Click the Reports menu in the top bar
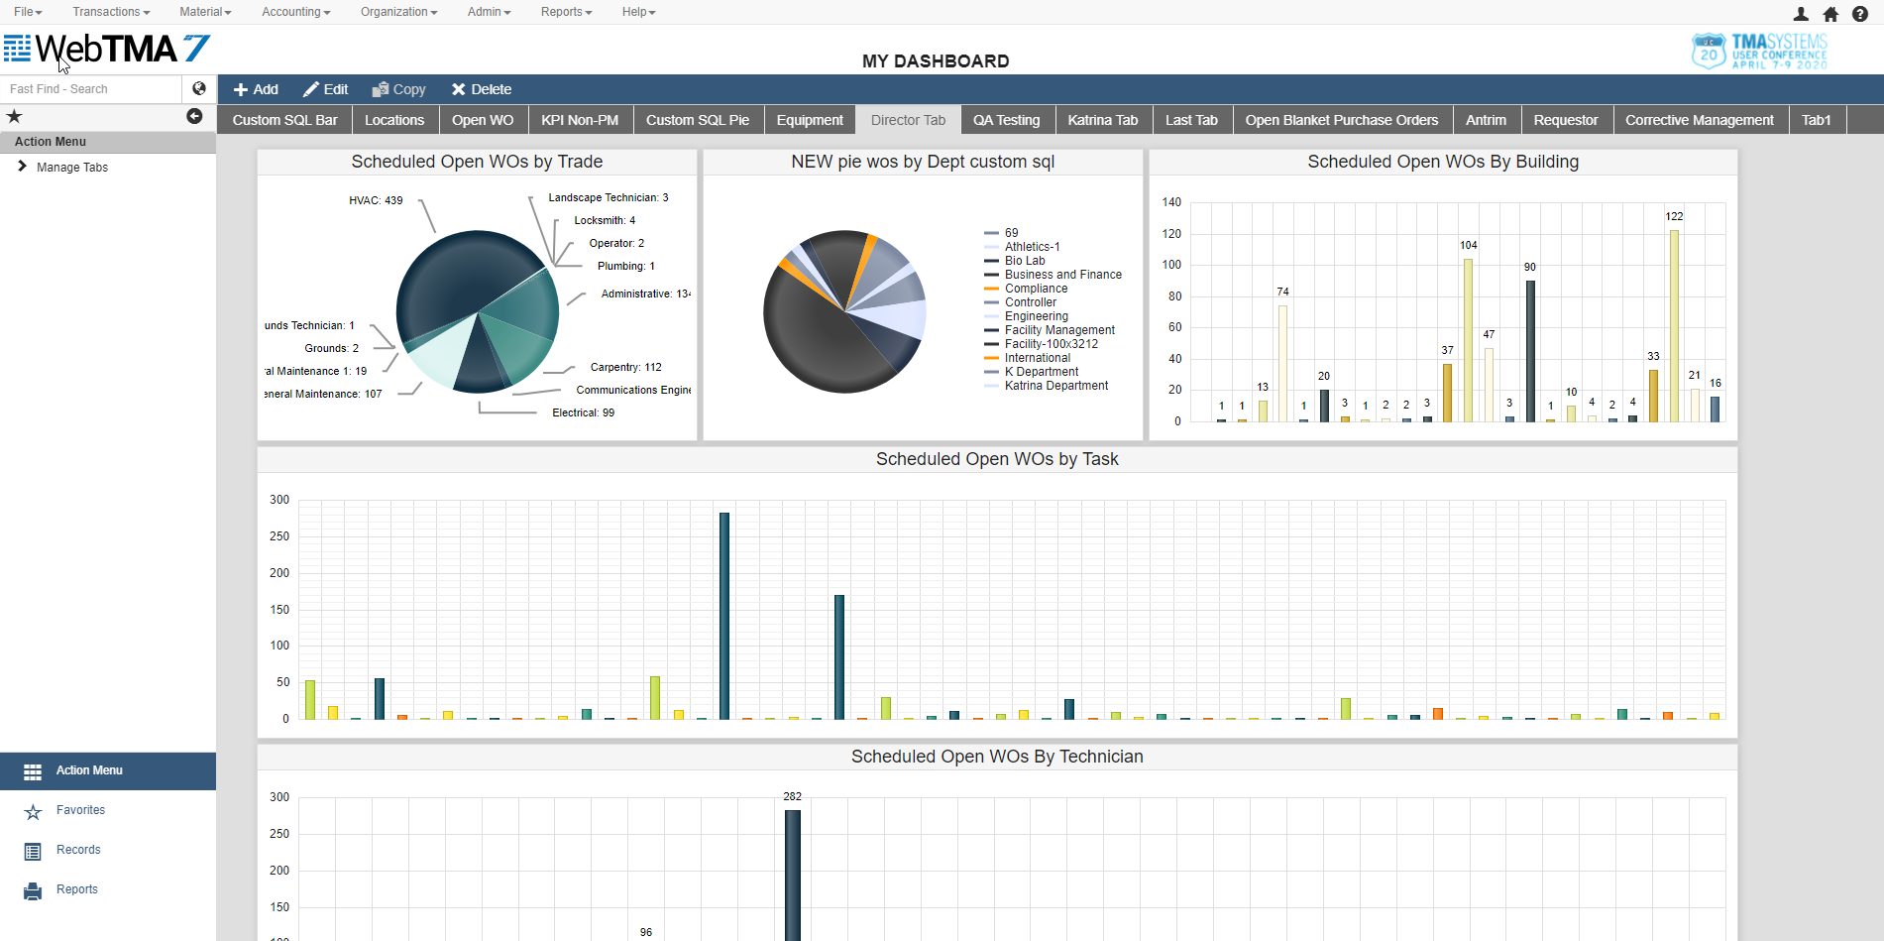pos(566,12)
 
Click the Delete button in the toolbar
pos(482,89)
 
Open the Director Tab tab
pos(908,120)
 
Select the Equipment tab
pos(810,120)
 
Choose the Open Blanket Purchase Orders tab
pos(1341,120)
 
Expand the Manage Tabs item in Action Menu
pos(71,168)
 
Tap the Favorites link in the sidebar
pos(80,810)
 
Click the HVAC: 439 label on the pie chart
pos(376,200)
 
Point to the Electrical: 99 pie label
pos(583,412)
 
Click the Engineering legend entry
pos(1036,316)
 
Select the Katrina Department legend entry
pos(1055,386)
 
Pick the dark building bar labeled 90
pos(1530,351)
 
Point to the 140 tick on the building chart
pos(1171,202)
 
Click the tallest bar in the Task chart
pos(724,615)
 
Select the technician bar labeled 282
pos(793,873)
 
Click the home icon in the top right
pos(1830,14)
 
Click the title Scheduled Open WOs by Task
pos(996,459)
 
